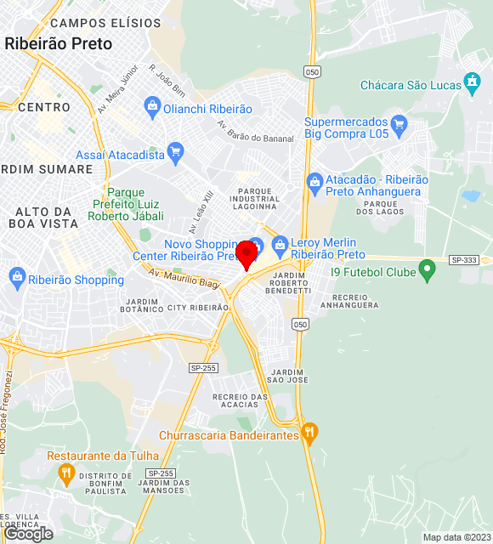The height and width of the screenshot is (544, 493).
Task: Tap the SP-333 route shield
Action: pyautogui.click(x=463, y=259)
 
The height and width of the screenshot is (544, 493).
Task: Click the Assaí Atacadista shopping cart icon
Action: pyautogui.click(x=176, y=154)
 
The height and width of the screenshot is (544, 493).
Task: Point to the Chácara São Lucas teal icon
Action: pyautogui.click(x=473, y=83)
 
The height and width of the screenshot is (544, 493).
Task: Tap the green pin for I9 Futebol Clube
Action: pyautogui.click(x=428, y=272)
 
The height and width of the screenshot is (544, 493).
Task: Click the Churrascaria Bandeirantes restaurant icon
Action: pyautogui.click(x=309, y=433)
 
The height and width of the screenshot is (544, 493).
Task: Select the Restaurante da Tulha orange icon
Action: pyautogui.click(x=66, y=473)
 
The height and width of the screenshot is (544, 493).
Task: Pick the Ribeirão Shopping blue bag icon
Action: pyautogui.click(x=16, y=277)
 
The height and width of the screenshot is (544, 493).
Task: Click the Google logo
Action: pyautogui.click(x=28, y=534)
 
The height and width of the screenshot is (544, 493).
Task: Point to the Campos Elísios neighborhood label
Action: pyautogui.click(x=105, y=23)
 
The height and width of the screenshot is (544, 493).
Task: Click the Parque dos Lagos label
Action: pyautogui.click(x=377, y=207)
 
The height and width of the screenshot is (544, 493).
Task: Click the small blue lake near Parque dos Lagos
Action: pyautogui.click(x=470, y=195)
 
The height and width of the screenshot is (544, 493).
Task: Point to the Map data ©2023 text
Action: pyautogui.click(x=456, y=537)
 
